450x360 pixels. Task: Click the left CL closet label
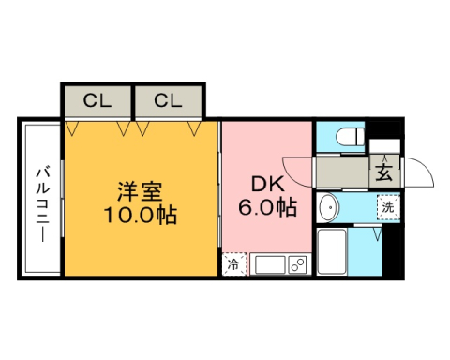click(97, 100)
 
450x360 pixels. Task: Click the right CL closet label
click(168, 100)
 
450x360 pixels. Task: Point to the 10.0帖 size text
click(140, 215)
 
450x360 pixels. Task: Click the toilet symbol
click(347, 138)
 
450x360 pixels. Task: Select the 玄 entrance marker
click(385, 172)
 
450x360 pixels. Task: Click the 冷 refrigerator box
click(233, 264)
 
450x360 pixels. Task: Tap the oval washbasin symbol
click(328, 207)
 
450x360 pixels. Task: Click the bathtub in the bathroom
click(334, 253)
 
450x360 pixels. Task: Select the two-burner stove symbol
click(297, 265)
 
